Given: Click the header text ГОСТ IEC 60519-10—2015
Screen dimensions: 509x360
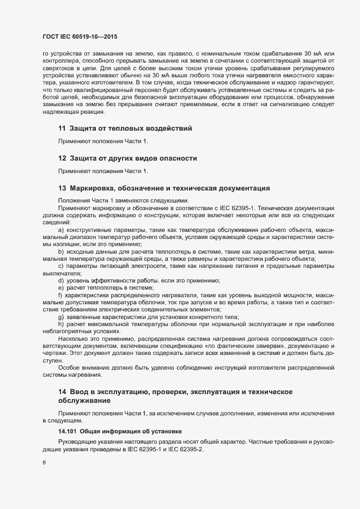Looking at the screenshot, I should [80, 37].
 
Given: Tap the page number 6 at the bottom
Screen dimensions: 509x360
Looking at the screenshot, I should [44, 464].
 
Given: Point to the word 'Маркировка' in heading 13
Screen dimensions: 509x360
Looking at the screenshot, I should [94, 188].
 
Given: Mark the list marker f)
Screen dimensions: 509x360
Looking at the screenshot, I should [60, 295].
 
